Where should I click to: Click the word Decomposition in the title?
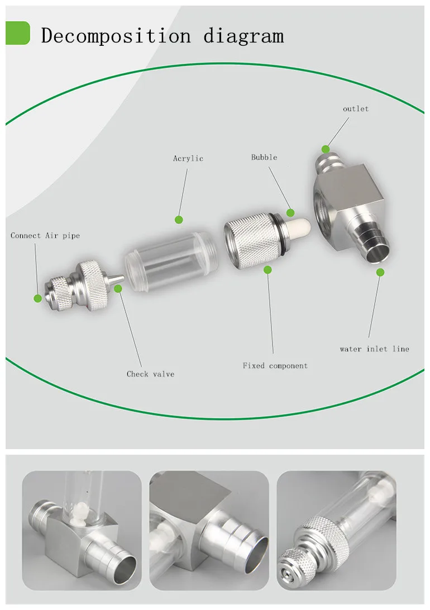pos(116,36)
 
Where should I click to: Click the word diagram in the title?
pos(244,36)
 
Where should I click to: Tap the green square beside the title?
pos(17,32)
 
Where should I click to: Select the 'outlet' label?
pos(355,109)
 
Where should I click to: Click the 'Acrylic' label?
pos(188,158)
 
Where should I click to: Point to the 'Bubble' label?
pos(264,157)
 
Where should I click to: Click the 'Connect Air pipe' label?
pos(45,236)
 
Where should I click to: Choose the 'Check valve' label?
pos(150,374)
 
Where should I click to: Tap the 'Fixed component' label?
pos(275,366)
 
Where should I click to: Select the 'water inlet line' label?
pos(374,349)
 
